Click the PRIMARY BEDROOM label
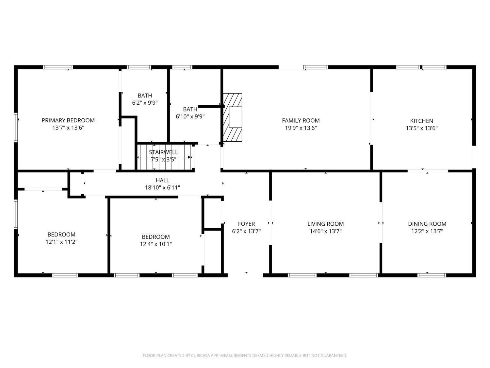[68, 120]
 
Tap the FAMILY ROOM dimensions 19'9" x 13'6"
[301, 128]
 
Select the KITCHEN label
[421, 121]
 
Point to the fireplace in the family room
[233, 117]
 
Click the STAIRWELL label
[163, 152]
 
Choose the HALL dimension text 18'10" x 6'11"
[162, 188]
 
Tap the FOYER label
[246, 224]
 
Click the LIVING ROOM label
[325, 224]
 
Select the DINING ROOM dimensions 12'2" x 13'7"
[427, 231]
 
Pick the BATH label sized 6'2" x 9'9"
[145, 96]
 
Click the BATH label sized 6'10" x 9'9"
[190, 109]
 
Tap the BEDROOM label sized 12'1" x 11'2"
[61, 235]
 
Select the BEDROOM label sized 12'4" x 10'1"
[155, 237]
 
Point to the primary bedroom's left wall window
[15, 128]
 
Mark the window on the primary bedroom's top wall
[57, 67]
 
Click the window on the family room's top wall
[315, 67]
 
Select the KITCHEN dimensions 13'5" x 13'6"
[421, 128]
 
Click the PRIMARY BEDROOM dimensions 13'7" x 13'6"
[68, 128]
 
